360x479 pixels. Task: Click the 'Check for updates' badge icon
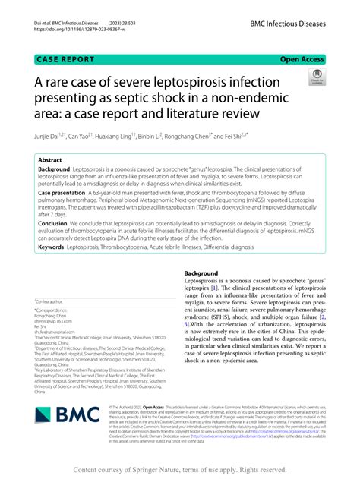(x=314, y=76)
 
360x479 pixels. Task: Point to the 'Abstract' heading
(x=50, y=160)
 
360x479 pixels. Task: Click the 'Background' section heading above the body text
(x=206, y=273)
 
